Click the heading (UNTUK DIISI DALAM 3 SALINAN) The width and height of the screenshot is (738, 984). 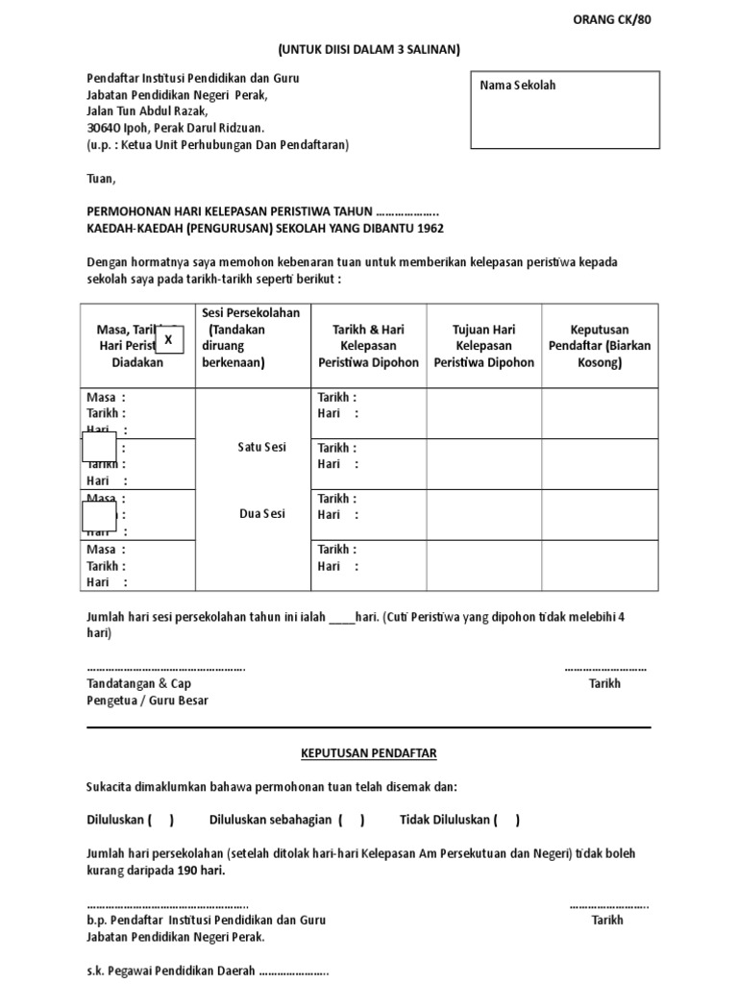(369, 50)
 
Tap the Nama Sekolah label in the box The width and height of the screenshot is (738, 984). (518, 86)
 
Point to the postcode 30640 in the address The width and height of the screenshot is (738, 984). (104, 128)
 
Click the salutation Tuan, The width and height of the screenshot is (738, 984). (101, 179)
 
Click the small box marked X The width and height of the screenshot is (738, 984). (169, 339)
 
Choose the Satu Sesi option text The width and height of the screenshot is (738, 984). (261, 448)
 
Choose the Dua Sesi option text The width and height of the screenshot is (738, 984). (261, 514)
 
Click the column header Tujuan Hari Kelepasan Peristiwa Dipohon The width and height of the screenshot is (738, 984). (483, 346)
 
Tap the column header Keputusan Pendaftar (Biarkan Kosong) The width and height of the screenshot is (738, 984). (599, 346)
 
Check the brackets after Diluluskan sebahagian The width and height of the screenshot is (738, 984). (351, 820)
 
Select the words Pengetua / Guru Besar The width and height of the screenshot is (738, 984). (147, 701)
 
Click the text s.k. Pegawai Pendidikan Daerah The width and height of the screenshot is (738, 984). (171, 971)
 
